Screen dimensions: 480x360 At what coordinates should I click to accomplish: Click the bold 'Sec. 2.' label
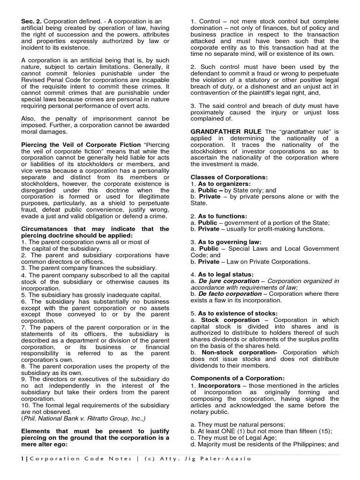coord(31,22)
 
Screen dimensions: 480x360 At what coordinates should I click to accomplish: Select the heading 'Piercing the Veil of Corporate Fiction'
coord(81,144)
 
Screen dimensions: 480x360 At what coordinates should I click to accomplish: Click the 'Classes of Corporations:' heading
coord(229,177)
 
